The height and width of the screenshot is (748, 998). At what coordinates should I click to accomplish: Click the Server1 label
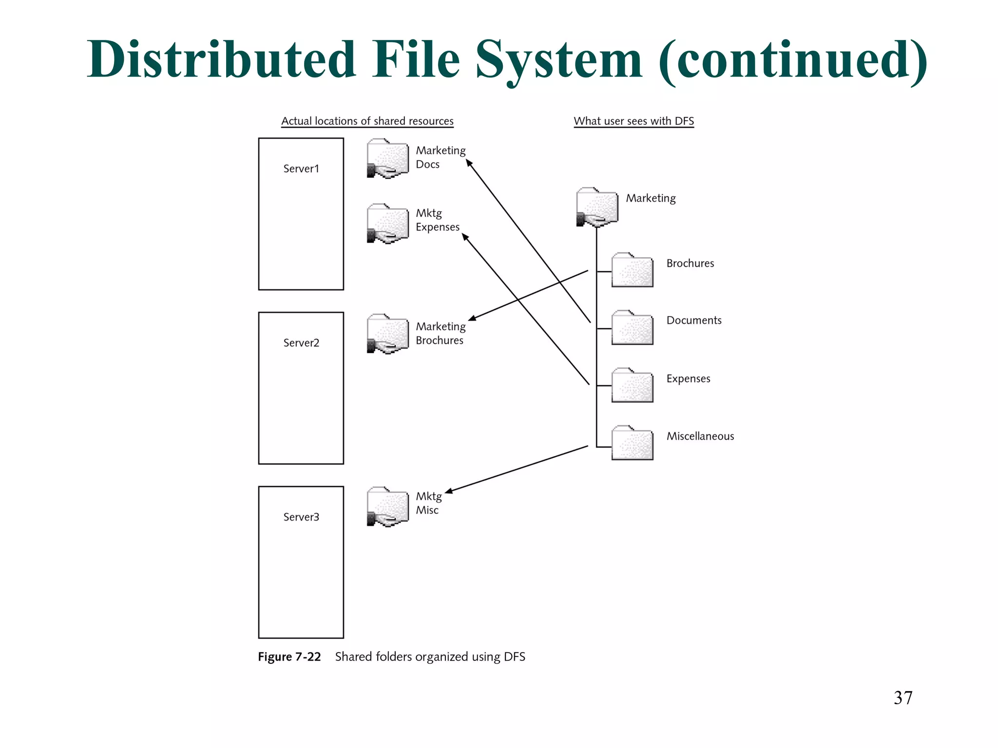[x=301, y=168]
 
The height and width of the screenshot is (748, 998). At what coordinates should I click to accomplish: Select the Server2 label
[x=301, y=343]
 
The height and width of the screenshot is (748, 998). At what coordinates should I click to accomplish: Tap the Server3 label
[x=301, y=517]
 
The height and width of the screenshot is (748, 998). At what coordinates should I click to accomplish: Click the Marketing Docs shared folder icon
[x=388, y=159]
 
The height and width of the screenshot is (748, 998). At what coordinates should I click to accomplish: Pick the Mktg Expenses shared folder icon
[x=388, y=224]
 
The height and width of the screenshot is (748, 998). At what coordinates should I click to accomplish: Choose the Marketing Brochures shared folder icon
[x=388, y=334]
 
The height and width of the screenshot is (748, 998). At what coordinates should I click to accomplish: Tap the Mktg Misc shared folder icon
[x=388, y=507]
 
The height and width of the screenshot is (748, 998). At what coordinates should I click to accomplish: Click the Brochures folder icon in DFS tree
[x=632, y=270]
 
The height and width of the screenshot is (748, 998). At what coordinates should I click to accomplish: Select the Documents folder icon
[x=632, y=328]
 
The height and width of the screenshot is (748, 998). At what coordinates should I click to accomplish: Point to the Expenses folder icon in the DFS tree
[x=632, y=385]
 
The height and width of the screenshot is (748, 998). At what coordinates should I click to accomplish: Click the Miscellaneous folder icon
[x=632, y=443]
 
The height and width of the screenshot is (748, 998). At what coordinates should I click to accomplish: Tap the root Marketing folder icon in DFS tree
[x=597, y=207]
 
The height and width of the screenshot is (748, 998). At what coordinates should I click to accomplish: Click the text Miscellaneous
[x=700, y=436]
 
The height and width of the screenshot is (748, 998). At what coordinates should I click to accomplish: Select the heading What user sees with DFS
[x=633, y=121]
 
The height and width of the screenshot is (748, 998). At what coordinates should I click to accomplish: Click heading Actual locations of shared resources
[x=367, y=121]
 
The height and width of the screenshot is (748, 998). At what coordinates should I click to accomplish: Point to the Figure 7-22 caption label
[x=289, y=657]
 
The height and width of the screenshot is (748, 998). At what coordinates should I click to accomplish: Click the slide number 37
[x=903, y=698]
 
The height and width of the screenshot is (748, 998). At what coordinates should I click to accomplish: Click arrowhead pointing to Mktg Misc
[x=449, y=491]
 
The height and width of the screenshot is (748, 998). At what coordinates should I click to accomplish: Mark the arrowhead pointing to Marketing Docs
[x=469, y=163]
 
